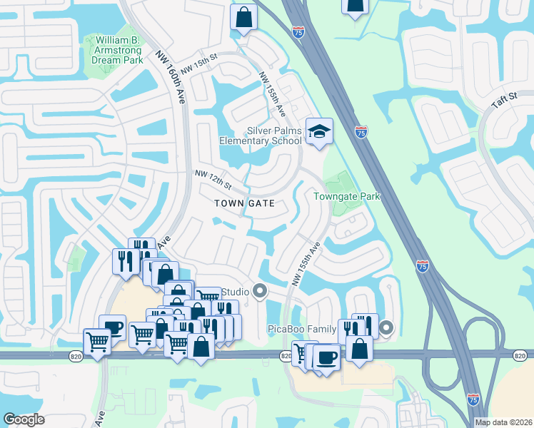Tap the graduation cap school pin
(x=319, y=131)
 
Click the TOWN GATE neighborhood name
(x=245, y=203)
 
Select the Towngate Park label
(x=346, y=196)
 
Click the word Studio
(x=234, y=292)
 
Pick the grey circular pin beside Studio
(x=260, y=291)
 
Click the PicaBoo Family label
(x=301, y=329)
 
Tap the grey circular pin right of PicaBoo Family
(x=386, y=328)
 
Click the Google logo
(x=24, y=419)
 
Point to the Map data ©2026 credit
(x=503, y=422)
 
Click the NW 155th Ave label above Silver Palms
(x=272, y=96)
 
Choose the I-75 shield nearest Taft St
(x=361, y=131)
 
